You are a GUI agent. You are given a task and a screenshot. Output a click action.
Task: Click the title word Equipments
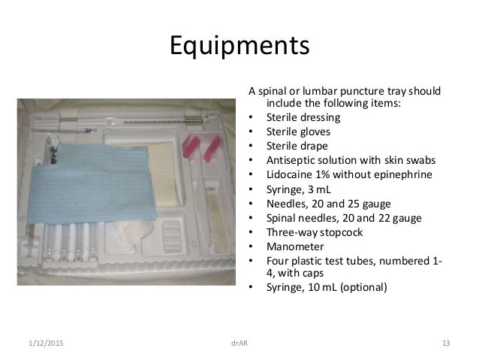point(239,47)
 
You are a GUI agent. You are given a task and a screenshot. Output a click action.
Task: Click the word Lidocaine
point(289,174)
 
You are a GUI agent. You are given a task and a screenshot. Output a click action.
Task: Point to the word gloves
point(312,131)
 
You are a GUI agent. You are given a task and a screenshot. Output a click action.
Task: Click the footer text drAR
point(239,344)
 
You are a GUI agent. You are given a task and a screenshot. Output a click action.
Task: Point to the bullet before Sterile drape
point(248,146)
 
